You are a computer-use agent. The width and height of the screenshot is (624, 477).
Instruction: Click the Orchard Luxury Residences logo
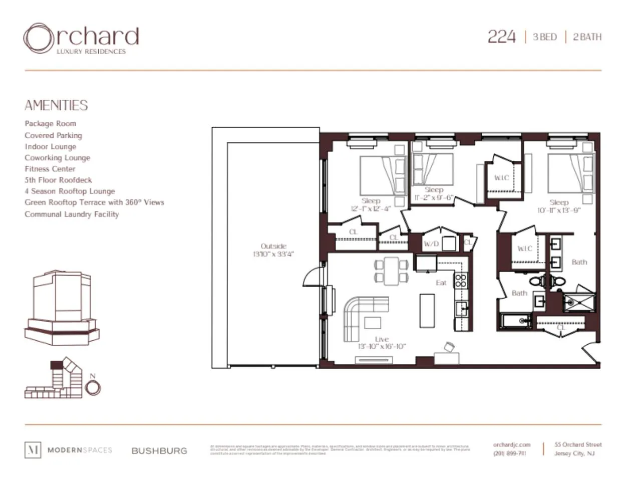pos(81,38)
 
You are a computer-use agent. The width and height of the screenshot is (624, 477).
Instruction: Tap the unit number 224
pos(501,37)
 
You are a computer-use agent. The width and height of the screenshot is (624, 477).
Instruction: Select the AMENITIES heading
pos(56,105)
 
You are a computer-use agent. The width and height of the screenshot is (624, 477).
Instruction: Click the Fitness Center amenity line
pos(50,169)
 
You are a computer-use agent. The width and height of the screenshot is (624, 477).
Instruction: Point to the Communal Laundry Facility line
pos(72,214)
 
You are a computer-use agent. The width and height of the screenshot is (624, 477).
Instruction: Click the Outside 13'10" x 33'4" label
pos(273,250)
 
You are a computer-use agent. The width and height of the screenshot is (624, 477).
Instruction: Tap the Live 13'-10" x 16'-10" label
pos(382,343)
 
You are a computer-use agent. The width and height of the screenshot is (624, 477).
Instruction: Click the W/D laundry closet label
pos(431,244)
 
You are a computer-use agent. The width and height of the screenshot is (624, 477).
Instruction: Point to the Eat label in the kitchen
pos(441,283)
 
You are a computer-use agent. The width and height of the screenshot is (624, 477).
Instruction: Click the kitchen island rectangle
pos(427,310)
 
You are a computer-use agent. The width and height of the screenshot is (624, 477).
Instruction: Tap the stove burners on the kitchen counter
pos(460,280)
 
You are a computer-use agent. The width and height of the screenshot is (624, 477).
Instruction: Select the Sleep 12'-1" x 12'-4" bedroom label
pos(371,204)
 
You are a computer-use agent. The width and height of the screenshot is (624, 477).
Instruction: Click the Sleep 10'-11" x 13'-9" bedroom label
pos(559,206)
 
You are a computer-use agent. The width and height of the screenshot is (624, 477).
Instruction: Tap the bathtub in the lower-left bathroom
pos(516,320)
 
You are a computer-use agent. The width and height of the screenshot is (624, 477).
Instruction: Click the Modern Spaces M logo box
pos(33,449)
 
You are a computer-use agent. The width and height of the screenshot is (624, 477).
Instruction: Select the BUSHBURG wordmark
pos(159,450)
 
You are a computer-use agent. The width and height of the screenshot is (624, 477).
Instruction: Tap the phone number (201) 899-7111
pos(509,453)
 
